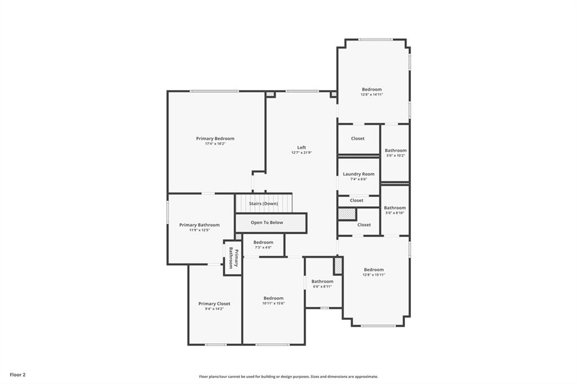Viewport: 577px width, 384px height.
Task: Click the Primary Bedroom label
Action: pos(215,139)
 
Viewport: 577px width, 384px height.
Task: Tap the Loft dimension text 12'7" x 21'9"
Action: pos(301,153)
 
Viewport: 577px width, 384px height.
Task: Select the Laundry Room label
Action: pos(358,174)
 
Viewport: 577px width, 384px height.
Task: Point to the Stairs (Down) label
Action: pos(264,203)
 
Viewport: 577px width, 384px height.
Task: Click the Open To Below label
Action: pos(267,222)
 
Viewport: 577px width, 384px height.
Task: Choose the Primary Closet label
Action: pos(214,303)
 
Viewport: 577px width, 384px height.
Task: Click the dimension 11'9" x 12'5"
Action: pos(199,230)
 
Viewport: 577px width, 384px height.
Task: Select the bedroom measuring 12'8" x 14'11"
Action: pos(372,92)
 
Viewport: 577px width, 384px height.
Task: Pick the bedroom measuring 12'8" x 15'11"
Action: pos(374,272)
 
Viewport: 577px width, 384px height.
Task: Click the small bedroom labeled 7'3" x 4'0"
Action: pos(263,244)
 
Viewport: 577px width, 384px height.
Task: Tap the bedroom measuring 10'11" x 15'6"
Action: pos(273,301)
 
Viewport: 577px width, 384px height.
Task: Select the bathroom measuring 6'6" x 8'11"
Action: pos(322,284)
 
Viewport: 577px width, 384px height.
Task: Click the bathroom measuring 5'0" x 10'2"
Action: pos(396,153)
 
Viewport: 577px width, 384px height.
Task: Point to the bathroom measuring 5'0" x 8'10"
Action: pos(395,210)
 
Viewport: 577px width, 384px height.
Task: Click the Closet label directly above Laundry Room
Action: pos(358,139)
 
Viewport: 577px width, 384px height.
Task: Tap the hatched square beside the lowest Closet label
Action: pos(347,214)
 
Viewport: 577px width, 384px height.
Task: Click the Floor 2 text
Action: pos(17,374)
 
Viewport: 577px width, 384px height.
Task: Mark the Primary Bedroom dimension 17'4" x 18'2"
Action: pos(215,144)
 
